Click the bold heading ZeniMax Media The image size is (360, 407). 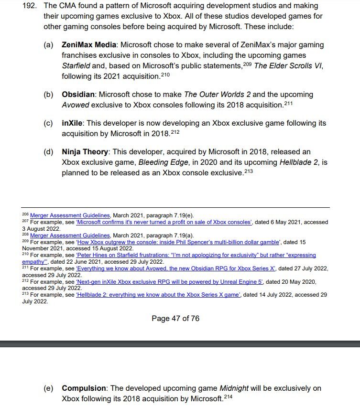88,45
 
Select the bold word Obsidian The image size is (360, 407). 78,95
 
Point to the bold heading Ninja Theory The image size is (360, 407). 85,152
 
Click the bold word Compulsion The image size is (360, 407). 84,388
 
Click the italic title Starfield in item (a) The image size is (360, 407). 76,65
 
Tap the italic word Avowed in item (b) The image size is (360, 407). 76,105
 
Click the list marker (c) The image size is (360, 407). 48,123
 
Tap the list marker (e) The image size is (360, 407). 48,388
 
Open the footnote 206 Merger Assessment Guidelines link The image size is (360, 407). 70,215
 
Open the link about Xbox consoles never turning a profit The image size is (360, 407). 164,222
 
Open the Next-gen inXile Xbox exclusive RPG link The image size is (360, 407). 169,282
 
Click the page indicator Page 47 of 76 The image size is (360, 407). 175,318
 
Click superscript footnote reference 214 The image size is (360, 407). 228,396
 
